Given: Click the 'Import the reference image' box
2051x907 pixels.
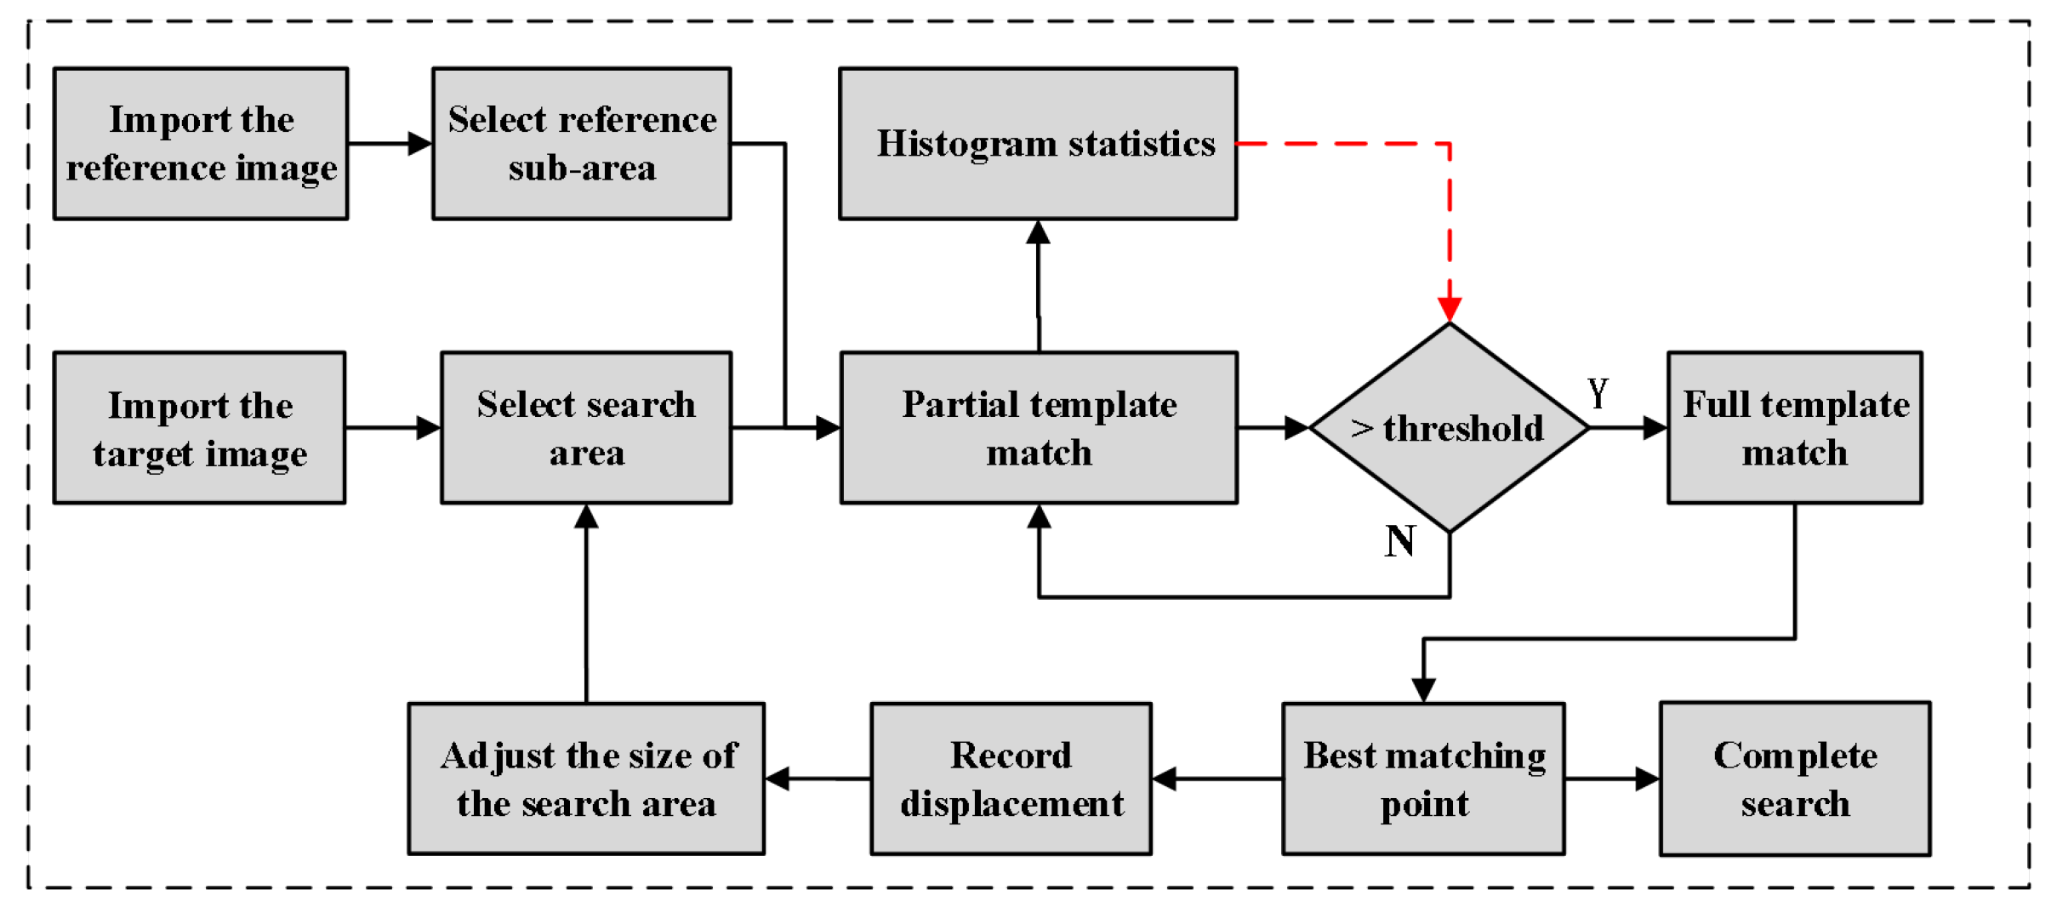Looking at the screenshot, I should pyautogui.click(x=201, y=144).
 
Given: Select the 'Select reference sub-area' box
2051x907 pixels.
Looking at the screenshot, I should pyautogui.click(x=581, y=144).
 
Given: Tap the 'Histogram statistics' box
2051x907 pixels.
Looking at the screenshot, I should pyautogui.click(x=1037, y=144).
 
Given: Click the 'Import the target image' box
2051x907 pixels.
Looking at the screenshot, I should pyautogui.click(x=199, y=428).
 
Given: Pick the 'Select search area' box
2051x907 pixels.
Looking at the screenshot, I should pyautogui.click(x=585, y=428).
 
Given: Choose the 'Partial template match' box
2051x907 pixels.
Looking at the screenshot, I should pyautogui.click(x=1038, y=428).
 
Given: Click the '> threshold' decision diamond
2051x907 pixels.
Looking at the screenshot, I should pyautogui.click(x=1449, y=428).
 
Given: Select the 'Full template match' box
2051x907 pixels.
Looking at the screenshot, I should pyautogui.click(x=1794, y=428).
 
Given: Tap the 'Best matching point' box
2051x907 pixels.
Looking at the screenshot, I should pyautogui.click(x=1423, y=779).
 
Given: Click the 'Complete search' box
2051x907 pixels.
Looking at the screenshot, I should pyautogui.click(x=1795, y=779).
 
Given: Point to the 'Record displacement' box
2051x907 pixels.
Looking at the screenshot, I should pyautogui.click(x=1011, y=779).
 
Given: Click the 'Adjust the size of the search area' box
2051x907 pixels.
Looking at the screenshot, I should pyautogui.click(x=586, y=779).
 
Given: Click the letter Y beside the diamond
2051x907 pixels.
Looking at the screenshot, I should pyautogui.click(x=1598, y=393).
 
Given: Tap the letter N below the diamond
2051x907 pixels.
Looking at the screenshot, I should pyautogui.click(x=1399, y=541).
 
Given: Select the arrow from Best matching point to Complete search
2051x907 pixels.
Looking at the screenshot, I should pyautogui.click(x=1611, y=779).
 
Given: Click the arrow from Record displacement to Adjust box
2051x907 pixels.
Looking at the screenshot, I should pyautogui.click(x=817, y=779).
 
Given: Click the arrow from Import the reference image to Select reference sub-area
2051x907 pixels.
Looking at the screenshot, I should pyautogui.click(x=390, y=144).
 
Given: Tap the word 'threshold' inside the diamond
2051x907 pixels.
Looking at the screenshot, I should pyautogui.click(x=1463, y=428).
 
